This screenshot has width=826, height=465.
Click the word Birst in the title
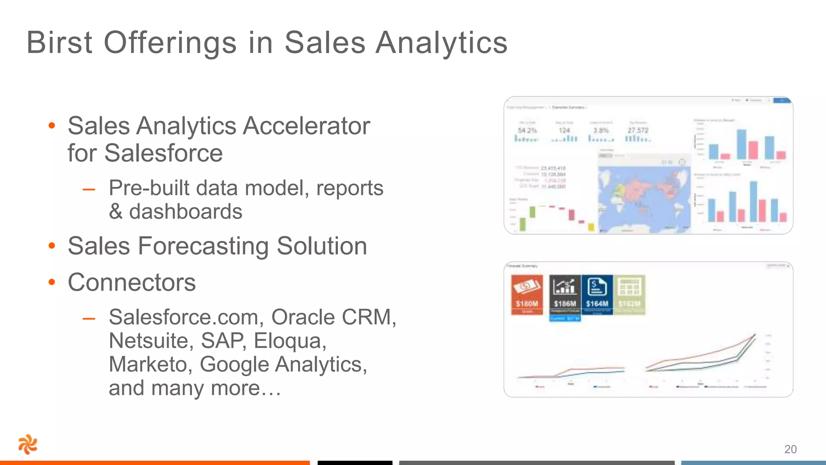[x=60, y=43]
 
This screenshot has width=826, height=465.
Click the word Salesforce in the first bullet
[x=163, y=153]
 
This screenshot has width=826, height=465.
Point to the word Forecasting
[x=203, y=246]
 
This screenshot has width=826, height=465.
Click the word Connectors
[x=132, y=282]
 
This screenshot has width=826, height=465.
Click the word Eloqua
[x=290, y=341]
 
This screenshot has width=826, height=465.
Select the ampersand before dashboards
[x=116, y=212]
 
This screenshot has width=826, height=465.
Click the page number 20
[x=790, y=449]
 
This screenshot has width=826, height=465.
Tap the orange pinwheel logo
[x=28, y=444]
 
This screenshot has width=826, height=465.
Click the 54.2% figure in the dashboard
[x=527, y=130]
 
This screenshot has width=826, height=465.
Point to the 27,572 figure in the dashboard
[x=638, y=130]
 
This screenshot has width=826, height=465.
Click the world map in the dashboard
[x=644, y=198]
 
